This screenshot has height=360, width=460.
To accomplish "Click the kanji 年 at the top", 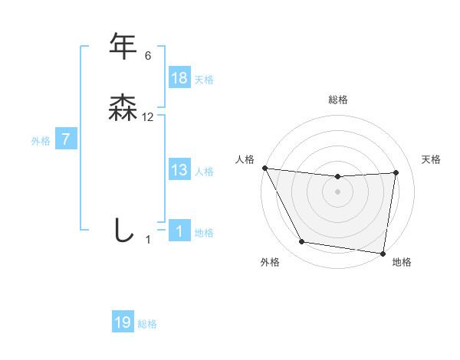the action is [x=123, y=47].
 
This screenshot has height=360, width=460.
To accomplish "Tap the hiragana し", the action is [x=123, y=230].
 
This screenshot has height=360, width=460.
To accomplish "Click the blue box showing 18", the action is [x=179, y=78].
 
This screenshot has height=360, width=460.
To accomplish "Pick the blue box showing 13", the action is [x=179, y=170].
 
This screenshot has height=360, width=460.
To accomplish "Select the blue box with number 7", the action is [x=66, y=139].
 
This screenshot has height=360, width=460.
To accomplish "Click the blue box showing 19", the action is [x=123, y=322].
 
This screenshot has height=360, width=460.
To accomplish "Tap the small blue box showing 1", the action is [x=179, y=231].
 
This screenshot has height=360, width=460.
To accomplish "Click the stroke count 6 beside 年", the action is [x=147, y=56].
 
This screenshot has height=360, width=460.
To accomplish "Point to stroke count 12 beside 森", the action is [x=148, y=117].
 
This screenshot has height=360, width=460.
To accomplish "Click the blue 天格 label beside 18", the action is [x=204, y=79].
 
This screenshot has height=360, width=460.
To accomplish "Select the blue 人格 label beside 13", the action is [x=204, y=171].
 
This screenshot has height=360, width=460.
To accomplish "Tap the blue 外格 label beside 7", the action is [x=41, y=140].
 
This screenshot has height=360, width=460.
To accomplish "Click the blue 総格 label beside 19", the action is [x=147, y=323].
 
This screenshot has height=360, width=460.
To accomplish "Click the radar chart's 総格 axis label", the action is [x=337, y=100].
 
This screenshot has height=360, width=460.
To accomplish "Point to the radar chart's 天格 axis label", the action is [x=431, y=159].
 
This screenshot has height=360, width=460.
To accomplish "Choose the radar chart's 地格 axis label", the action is [x=402, y=262].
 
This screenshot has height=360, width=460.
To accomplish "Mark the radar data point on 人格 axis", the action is [x=264, y=168].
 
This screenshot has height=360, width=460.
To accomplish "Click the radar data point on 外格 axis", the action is [x=301, y=242].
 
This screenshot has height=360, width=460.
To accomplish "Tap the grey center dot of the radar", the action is [x=337, y=192].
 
